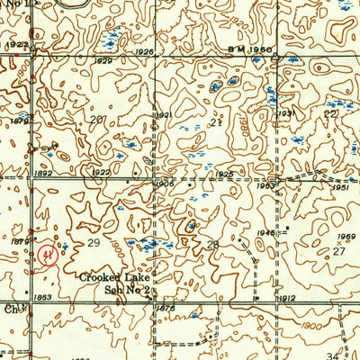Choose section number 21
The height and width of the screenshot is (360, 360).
[214, 121]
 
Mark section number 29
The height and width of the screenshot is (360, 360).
[93, 244]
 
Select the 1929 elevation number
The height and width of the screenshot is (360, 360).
[129, 60]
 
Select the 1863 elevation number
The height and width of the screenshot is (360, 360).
[43, 296]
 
